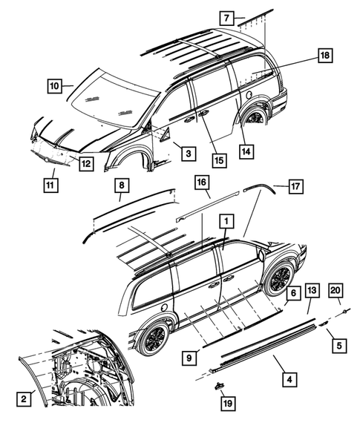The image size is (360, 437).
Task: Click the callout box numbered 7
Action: [227, 16]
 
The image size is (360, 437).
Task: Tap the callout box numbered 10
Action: [55, 85]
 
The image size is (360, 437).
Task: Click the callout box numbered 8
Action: [121, 184]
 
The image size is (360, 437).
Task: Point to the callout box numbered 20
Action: [336, 289]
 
